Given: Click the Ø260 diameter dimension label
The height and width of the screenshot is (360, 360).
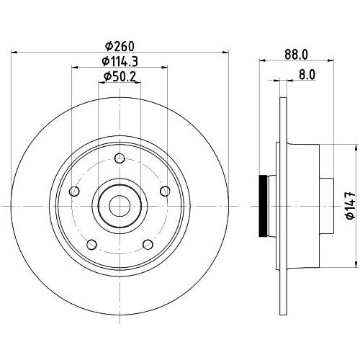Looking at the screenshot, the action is click(120, 46).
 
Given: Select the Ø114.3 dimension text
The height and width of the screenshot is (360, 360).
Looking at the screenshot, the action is click(120, 62).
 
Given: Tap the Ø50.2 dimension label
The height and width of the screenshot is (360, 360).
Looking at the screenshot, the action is click(120, 77).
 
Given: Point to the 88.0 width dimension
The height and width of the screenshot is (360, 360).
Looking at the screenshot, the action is click(296, 55).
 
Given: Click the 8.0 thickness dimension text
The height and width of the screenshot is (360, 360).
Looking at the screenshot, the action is click(307, 75).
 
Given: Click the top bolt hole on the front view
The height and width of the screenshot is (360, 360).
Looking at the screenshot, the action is click(120, 158).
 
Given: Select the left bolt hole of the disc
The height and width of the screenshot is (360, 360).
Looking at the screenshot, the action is click(74, 192).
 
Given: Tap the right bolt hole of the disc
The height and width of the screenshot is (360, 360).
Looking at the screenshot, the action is click(165, 192).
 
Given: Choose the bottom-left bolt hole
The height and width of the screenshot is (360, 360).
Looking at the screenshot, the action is click(91, 245).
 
